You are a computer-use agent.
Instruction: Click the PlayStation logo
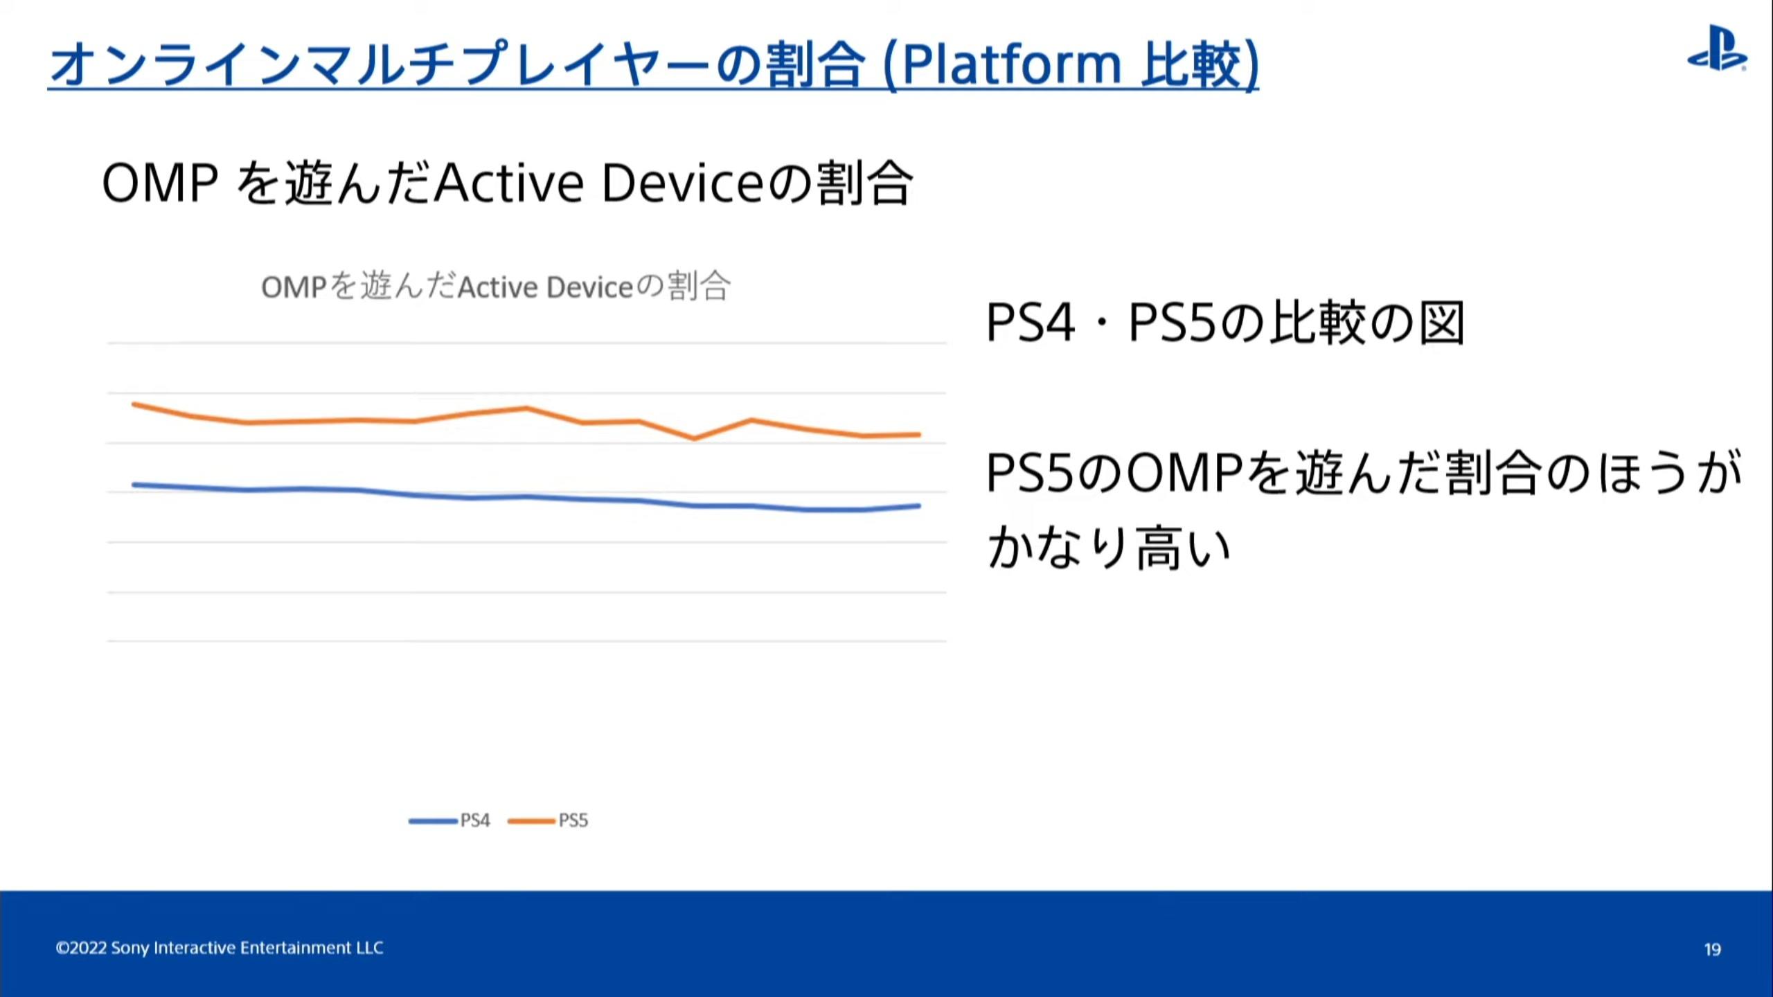(1717, 48)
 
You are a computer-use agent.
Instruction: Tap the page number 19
(1713, 949)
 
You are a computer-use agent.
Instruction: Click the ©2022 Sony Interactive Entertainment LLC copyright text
(220, 948)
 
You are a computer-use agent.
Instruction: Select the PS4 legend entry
(449, 820)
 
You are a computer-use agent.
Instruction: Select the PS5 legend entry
(548, 820)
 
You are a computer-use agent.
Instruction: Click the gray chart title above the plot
(495, 287)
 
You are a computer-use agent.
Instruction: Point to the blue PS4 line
(526, 496)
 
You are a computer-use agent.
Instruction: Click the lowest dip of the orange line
(694, 438)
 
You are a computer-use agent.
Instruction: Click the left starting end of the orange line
(134, 404)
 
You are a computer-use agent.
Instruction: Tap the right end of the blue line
(919, 506)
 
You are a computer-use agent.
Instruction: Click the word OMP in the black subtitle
(160, 183)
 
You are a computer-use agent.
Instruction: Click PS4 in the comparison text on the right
(1031, 323)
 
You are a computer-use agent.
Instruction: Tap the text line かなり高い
(1109, 547)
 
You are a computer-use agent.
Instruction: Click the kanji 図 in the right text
(1442, 323)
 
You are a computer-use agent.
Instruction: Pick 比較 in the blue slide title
(1191, 64)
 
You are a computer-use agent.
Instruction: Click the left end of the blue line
(134, 485)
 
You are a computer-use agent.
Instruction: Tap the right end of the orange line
(919, 435)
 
